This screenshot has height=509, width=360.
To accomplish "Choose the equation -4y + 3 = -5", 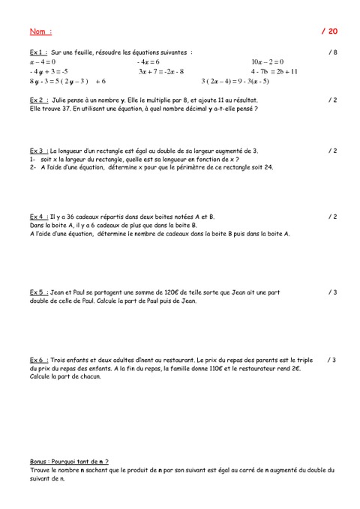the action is click(48, 71).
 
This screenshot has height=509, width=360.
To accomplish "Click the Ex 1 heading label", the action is click(38, 52).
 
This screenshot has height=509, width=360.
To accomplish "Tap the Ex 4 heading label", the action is click(38, 217).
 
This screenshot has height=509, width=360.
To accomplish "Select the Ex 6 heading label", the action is click(38, 361).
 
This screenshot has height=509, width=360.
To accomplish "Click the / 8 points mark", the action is click(332, 52).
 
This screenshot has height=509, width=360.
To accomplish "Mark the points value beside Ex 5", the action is click(332, 292).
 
